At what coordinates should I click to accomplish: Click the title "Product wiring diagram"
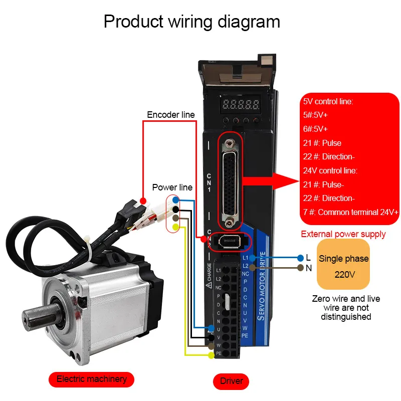191,22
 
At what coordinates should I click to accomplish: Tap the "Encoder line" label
170,115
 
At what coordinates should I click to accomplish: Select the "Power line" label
172,187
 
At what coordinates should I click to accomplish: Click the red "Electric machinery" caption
91,379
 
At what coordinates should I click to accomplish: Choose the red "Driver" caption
231,381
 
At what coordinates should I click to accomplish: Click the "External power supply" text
343,234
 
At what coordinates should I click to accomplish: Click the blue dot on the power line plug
175,200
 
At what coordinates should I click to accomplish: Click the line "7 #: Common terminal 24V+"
351,213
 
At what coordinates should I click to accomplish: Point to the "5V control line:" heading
328,101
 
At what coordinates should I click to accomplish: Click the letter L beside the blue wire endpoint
308,257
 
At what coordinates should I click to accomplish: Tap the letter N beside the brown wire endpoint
308,268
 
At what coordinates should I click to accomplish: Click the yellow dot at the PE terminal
211,355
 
